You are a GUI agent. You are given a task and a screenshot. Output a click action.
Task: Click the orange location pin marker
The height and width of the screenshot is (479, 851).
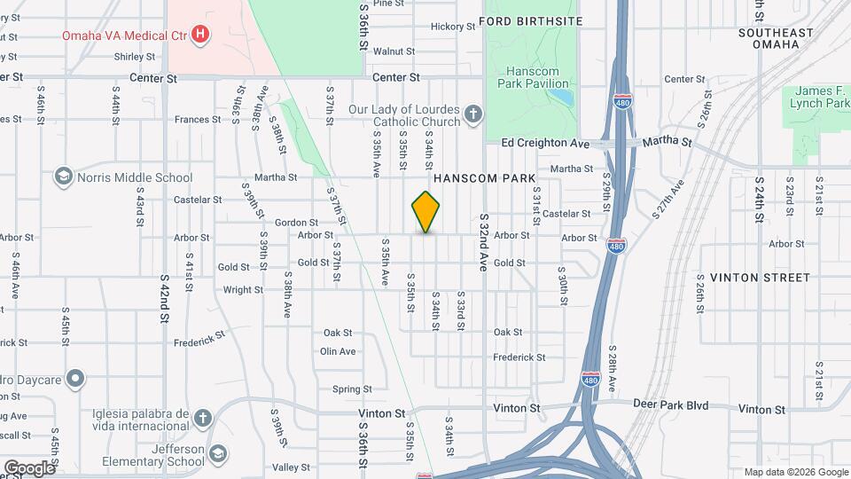(425, 211)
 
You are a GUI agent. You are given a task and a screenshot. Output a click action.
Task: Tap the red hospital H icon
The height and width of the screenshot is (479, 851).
(201, 35)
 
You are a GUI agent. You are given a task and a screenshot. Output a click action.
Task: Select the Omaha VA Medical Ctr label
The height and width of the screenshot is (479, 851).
(124, 35)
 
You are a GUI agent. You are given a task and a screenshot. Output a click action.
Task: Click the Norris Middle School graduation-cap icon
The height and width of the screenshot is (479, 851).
(63, 177)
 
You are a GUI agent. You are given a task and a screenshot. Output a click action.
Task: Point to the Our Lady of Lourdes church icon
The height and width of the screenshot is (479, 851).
(473, 114)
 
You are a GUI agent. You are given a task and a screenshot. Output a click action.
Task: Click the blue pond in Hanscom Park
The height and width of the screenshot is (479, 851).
(558, 93)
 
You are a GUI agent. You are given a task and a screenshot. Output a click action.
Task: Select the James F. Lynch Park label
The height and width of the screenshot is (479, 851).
(820, 97)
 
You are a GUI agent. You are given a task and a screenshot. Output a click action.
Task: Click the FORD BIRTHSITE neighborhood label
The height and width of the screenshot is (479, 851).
(531, 20)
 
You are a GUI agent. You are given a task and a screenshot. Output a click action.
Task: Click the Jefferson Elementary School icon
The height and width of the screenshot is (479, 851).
(217, 455)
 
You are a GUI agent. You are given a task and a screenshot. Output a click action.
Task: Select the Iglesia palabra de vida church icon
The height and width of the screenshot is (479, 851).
(203, 418)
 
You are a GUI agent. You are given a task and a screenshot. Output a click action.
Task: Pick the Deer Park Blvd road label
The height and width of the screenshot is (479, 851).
(671, 405)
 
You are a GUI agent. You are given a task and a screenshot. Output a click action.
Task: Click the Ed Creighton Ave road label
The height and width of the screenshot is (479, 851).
(545, 143)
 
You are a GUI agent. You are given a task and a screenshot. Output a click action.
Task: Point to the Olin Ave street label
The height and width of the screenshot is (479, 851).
(338, 351)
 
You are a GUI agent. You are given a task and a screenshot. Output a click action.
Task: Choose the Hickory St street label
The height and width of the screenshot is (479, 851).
(453, 27)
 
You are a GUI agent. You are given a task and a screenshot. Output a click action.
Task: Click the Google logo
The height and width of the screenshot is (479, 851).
(28, 467)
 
